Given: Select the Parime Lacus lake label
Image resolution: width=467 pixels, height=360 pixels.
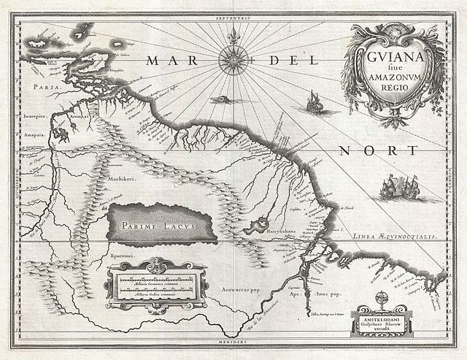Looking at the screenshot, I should tap(162, 225).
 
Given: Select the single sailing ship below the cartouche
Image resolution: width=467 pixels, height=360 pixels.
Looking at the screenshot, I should tap(314, 102).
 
